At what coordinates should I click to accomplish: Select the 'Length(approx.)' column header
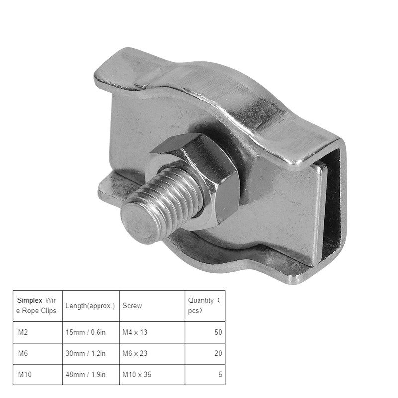[x=91, y=306]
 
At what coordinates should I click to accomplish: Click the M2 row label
[x=23, y=332]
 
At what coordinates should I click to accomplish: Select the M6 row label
[x=23, y=353]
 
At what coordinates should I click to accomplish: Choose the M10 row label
[x=24, y=374]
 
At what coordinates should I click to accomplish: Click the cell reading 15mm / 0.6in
[x=86, y=332]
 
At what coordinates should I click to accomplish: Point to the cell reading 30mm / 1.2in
[x=86, y=353]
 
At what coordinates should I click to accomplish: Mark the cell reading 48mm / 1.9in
[x=86, y=374]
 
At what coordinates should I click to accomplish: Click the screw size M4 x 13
[x=135, y=332]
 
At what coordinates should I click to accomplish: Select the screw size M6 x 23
[x=135, y=353]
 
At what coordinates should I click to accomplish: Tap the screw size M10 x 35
[x=137, y=374]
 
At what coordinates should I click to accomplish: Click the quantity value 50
[x=218, y=332]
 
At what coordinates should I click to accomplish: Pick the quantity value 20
[x=218, y=353]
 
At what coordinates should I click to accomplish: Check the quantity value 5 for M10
[x=220, y=374]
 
